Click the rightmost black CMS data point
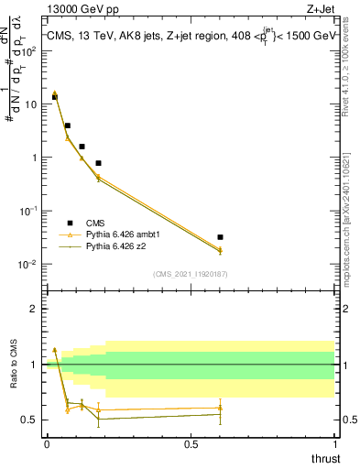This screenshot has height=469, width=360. coord(221,237)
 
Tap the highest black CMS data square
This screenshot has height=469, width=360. coord(55,97)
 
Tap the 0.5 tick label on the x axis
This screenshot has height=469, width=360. coord(191,443)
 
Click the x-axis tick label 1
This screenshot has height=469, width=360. coord(336,443)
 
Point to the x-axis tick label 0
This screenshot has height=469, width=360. coord(47,443)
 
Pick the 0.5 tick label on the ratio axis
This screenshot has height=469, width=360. coord(31,420)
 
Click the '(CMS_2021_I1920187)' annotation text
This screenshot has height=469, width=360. coord(191,274)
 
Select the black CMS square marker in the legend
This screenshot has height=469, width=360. coord(70,223)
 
